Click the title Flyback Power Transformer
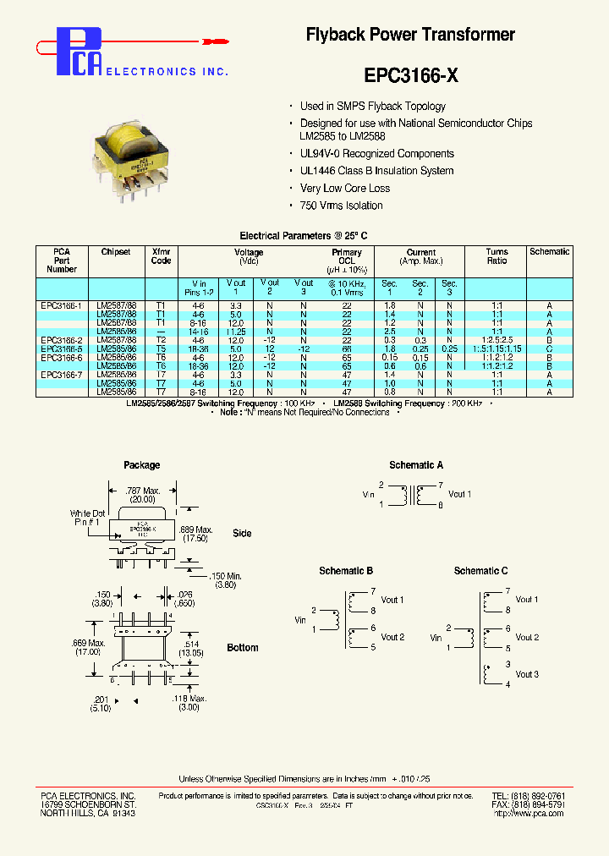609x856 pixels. tap(410, 35)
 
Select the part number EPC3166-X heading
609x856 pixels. tap(411, 75)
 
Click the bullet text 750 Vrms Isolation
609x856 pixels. tap(341, 206)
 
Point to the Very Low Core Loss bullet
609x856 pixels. tap(345, 189)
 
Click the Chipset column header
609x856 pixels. tap(116, 252)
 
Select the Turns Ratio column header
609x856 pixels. tap(497, 256)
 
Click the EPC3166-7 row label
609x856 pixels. tap(62, 375)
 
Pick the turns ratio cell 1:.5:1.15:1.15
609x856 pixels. tap(497, 348)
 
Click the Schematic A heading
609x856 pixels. tap(416, 465)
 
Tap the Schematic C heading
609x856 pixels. tap(481, 571)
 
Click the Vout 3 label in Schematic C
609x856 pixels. tap(527, 674)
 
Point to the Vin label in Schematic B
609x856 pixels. tap(300, 620)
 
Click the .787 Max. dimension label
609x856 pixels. tap(142, 490)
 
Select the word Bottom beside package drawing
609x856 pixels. tap(243, 648)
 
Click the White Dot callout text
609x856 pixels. tap(88, 513)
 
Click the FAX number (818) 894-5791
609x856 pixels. tap(539, 805)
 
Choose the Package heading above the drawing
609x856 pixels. tap(141, 465)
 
